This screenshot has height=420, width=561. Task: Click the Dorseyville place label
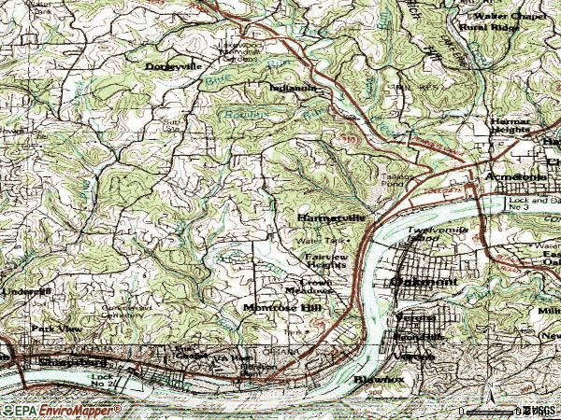[x=174, y=66]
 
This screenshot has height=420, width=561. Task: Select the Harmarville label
[x=328, y=218]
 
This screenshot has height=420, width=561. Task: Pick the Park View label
[x=56, y=329]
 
